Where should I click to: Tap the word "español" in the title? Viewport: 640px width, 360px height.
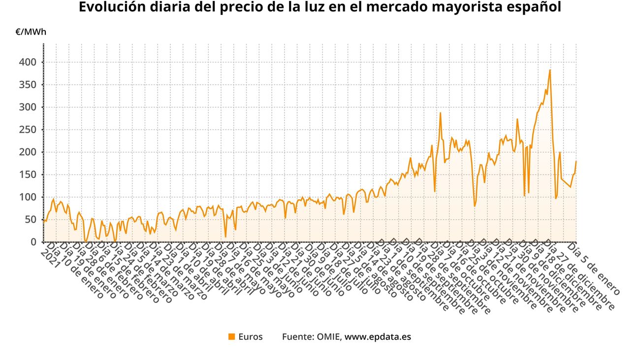(x=533, y=8)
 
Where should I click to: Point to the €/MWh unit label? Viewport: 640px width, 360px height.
(x=31, y=33)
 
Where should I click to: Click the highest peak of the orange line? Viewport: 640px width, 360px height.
(x=550, y=70)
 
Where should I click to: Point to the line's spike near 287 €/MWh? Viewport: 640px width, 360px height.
(x=440, y=113)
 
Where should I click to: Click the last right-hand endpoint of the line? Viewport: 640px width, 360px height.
(x=576, y=161)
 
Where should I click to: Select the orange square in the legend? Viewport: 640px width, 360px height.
(x=231, y=337)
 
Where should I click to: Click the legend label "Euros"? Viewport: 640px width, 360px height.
(x=251, y=337)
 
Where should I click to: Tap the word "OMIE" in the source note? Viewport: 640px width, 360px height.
(x=328, y=337)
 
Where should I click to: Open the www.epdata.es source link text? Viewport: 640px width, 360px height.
(x=378, y=337)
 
